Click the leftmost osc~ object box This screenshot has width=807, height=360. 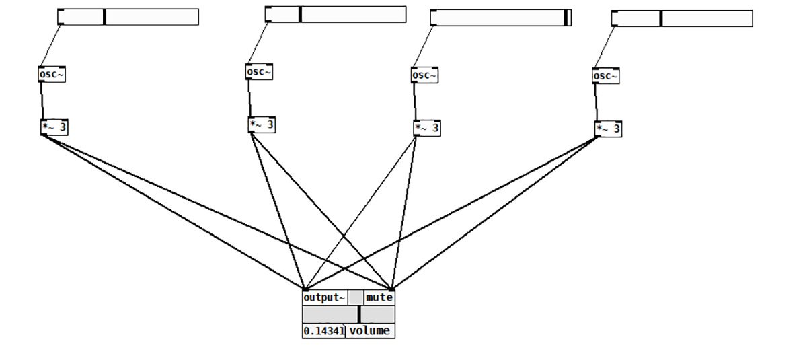[52, 74]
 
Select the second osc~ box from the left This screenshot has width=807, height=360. [259, 72]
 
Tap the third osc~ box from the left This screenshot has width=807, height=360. [424, 75]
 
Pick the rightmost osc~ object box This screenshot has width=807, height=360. [605, 76]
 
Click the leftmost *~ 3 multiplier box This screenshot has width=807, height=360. [54, 127]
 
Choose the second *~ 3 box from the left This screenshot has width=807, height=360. [262, 125]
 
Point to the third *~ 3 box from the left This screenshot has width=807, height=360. [427, 128]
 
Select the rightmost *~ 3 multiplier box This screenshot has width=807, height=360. [608, 129]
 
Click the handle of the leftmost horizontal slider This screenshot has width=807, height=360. [104, 17]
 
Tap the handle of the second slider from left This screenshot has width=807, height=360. [300, 14]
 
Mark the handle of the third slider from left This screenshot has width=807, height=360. [566, 17]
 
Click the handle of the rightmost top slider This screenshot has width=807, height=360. [660, 18]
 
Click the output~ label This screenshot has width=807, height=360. [324, 297]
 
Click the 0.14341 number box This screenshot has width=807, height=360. [323, 331]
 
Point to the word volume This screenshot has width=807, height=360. [369, 331]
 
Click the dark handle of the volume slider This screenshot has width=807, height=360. [359, 314]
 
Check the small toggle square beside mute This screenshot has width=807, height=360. [355, 297]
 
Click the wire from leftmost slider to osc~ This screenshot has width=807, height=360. [50, 45]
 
